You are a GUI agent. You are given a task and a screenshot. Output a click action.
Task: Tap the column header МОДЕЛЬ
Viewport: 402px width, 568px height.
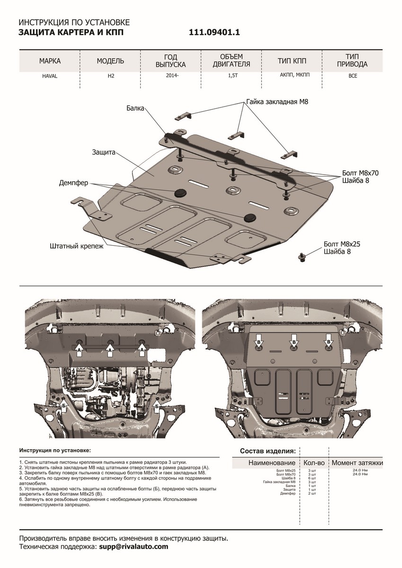click(110, 61)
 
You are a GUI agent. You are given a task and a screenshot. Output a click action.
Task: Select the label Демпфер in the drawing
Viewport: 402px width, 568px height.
click(73, 183)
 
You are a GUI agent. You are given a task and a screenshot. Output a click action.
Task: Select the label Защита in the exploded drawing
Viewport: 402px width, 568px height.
click(103, 152)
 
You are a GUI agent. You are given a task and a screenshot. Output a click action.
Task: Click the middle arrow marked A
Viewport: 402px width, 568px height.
click(110, 350)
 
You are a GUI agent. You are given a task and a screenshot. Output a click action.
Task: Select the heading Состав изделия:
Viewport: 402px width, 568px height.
click(268, 450)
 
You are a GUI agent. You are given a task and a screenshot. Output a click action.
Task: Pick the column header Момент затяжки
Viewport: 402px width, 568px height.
click(357, 462)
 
